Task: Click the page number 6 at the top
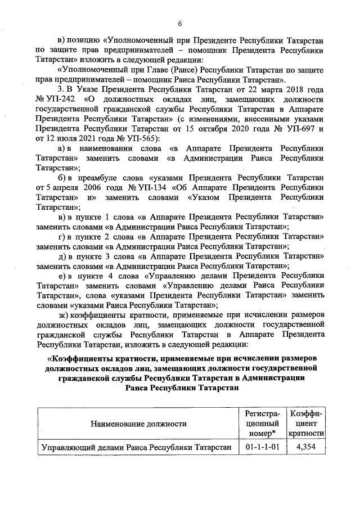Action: [x=179, y=23]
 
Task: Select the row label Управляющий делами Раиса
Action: [x=137, y=448]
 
